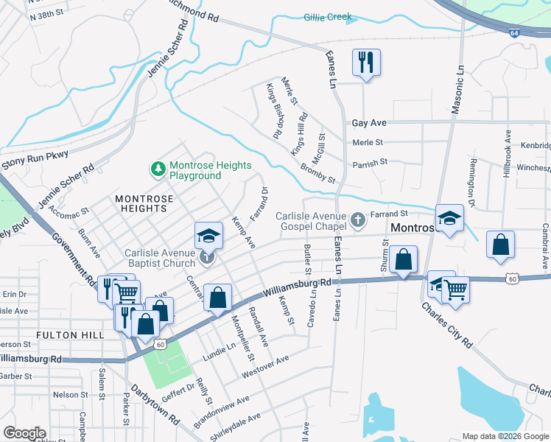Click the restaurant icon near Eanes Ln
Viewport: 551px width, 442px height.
[x=366, y=63]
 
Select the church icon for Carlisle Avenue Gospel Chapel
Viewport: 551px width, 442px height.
[x=357, y=220]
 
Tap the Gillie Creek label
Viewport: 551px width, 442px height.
[x=327, y=16]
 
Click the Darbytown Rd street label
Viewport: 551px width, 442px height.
[x=154, y=404]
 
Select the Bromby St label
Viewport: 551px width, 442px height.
[x=317, y=175]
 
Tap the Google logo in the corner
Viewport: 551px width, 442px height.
[x=24, y=433]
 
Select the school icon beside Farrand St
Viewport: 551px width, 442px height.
[x=449, y=218]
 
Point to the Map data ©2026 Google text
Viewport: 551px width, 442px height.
[x=505, y=436]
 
